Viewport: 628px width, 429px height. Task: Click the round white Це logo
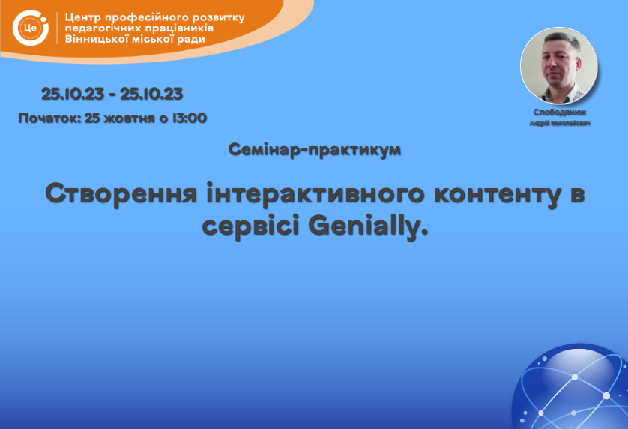(31, 28)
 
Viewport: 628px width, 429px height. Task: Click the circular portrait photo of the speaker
(559, 65)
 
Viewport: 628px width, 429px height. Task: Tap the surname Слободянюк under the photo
(560, 112)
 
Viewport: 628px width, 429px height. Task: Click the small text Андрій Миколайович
(560, 123)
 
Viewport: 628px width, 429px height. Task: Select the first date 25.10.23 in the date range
(73, 94)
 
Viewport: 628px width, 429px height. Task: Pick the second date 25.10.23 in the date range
(151, 94)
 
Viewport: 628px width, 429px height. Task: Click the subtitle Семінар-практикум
(315, 150)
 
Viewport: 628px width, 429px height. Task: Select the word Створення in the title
(121, 193)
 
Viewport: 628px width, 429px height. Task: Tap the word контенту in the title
(497, 194)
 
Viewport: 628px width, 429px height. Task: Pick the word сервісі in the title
(251, 226)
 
